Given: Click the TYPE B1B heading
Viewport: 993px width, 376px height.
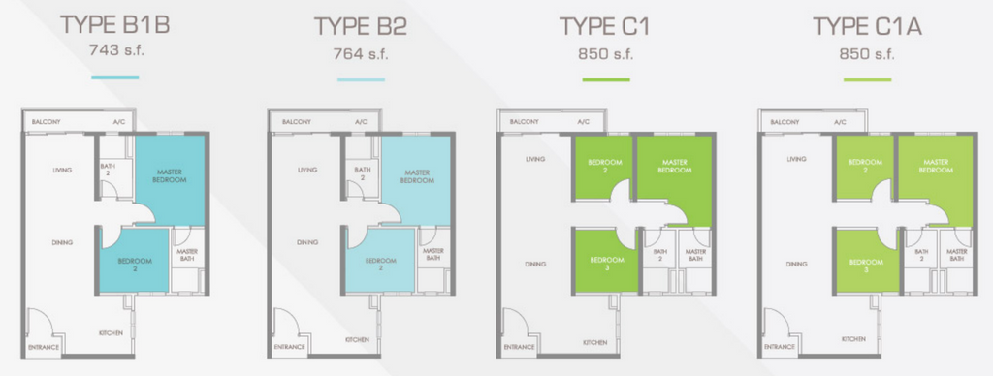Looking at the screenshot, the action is (x=114, y=25).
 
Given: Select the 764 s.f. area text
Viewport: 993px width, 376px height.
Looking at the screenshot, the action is (x=361, y=54).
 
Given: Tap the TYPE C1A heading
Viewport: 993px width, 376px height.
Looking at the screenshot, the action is (x=867, y=27).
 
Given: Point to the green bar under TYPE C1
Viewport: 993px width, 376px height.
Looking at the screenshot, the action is (x=606, y=79).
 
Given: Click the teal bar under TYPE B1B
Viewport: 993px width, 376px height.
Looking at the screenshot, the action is (x=114, y=78).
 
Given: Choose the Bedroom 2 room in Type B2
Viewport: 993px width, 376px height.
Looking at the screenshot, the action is (x=380, y=260).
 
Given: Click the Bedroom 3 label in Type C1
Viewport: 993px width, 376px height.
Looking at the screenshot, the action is (x=607, y=264).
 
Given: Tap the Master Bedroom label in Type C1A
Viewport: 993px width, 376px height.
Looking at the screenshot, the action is (x=934, y=166).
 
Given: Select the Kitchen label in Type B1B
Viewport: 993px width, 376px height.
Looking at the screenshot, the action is (x=111, y=333).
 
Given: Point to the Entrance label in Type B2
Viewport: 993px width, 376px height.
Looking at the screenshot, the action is (x=289, y=347).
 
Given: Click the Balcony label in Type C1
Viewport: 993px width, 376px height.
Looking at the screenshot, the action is (x=524, y=122).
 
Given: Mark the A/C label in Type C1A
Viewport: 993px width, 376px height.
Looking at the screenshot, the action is (x=840, y=122).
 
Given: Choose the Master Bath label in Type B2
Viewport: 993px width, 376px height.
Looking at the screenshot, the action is (x=433, y=254).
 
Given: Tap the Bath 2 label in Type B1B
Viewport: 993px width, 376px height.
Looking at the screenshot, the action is (x=107, y=171).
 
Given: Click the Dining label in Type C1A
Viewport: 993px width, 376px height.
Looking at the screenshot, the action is (x=796, y=264).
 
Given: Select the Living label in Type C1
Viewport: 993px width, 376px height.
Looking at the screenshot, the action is (x=534, y=159).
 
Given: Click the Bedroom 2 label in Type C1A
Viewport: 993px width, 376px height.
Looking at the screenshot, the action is (x=864, y=166).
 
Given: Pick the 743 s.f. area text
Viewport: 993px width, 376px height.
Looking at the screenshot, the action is (x=117, y=50).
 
